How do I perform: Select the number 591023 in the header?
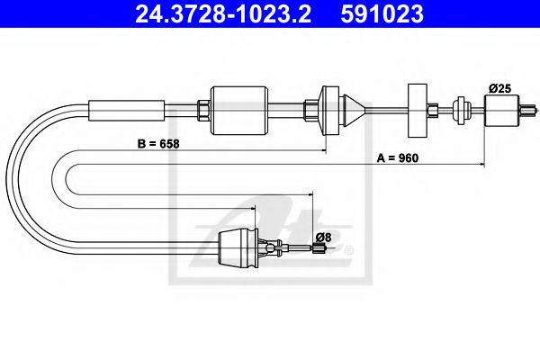click(x=381, y=15)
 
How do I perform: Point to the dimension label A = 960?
click(x=397, y=157)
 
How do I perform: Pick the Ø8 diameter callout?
click(x=322, y=237)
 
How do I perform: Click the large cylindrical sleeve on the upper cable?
click(x=239, y=109)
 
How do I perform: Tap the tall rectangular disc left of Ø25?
click(x=417, y=110)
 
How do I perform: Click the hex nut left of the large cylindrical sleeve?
click(x=203, y=110)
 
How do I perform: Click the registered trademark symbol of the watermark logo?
click(x=350, y=249)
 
